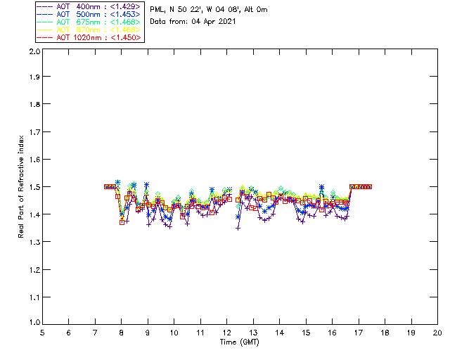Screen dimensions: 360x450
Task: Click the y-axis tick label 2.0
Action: pos(33,52)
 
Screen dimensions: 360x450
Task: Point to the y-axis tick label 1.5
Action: pos(33,187)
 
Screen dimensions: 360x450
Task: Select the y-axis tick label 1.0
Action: pos(33,323)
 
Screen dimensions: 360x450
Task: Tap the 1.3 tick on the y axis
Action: pos(33,242)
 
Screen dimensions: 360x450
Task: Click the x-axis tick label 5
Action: pos(42,333)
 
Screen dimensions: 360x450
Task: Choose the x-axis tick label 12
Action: pos(226,333)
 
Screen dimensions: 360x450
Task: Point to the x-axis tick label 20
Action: pos(437,333)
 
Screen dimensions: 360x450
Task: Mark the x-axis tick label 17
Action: pos(359,333)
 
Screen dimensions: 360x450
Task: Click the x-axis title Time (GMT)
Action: pos(239,342)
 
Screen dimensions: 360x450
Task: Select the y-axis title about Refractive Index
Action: pos(22,187)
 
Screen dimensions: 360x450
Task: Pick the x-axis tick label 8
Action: pos(121,333)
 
